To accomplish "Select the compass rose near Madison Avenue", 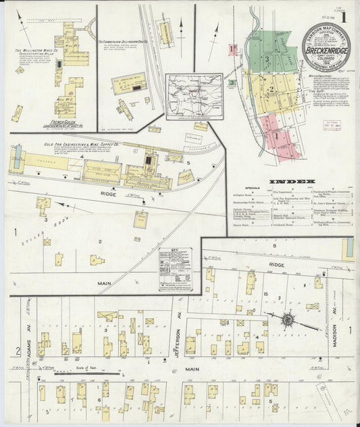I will click(288, 319).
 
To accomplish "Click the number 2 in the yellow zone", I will click(270, 89).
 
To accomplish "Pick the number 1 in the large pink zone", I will click(275, 135).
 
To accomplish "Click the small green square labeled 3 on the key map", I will click(232, 82).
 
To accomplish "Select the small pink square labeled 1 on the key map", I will click(232, 48).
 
